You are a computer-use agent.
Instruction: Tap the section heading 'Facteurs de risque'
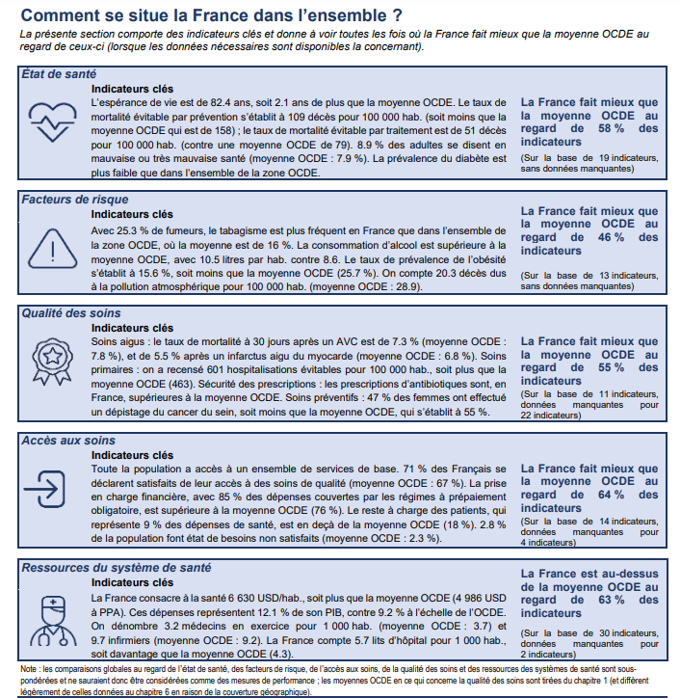[x=74, y=200]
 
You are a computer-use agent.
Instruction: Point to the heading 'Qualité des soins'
[x=70, y=313]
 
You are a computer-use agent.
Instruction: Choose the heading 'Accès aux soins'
[x=65, y=440]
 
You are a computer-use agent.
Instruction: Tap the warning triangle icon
[x=53, y=244]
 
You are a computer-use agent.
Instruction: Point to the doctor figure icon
[x=53, y=614]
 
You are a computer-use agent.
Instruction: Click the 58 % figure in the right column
[x=610, y=128]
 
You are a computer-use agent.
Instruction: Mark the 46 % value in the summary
[x=610, y=237]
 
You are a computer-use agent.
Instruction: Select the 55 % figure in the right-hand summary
[x=610, y=367]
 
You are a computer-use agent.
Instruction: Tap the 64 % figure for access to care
[x=610, y=495]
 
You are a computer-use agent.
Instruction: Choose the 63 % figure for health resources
[x=610, y=600]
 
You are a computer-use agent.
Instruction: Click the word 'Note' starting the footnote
[x=29, y=668]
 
